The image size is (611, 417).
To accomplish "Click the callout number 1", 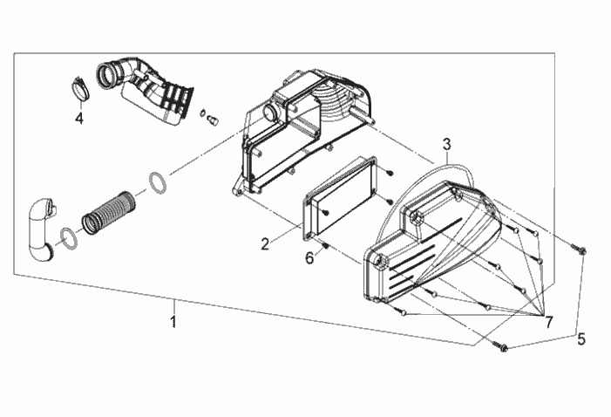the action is (x=173, y=322).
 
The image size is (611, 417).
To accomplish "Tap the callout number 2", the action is (x=265, y=244).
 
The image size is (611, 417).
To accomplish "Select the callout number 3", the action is (x=447, y=144).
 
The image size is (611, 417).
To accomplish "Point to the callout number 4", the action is (x=79, y=118).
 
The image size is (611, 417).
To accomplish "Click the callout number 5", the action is (x=581, y=339).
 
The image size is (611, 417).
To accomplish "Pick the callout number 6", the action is (x=309, y=258).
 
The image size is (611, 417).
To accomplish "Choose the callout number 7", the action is (x=548, y=322).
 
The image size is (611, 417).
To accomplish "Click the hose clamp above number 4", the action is (x=81, y=88).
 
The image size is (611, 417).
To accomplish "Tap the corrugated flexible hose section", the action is (x=108, y=213).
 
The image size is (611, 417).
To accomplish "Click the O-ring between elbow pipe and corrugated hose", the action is (x=69, y=239).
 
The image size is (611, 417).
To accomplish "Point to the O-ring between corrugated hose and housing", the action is (x=158, y=182).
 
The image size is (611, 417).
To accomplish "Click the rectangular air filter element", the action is (x=340, y=200).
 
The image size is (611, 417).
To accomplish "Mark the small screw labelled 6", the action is (x=327, y=246).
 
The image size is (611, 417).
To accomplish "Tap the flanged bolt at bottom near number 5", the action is (x=499, y=346).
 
